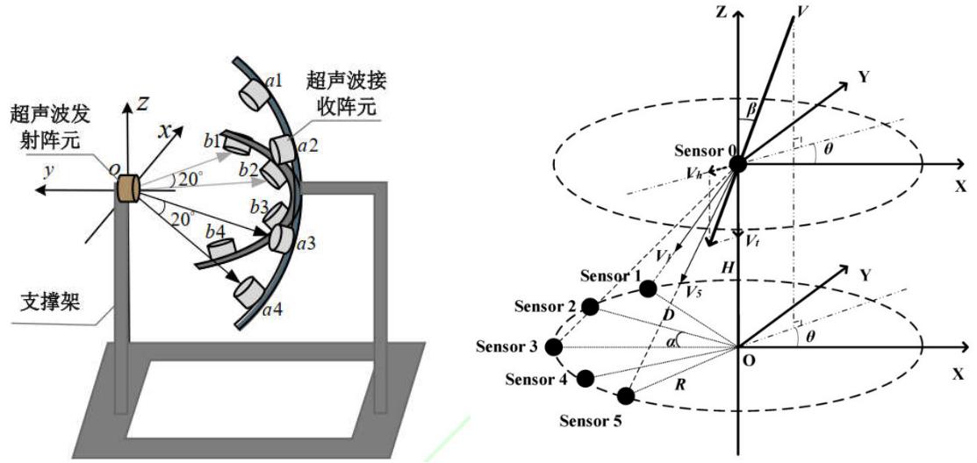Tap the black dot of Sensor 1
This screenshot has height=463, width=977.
coord(648,288)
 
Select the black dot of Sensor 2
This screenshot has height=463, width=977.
coord(591,306)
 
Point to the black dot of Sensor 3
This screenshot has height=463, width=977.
coord(553,346)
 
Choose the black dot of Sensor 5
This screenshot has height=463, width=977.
coord(626,395)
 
